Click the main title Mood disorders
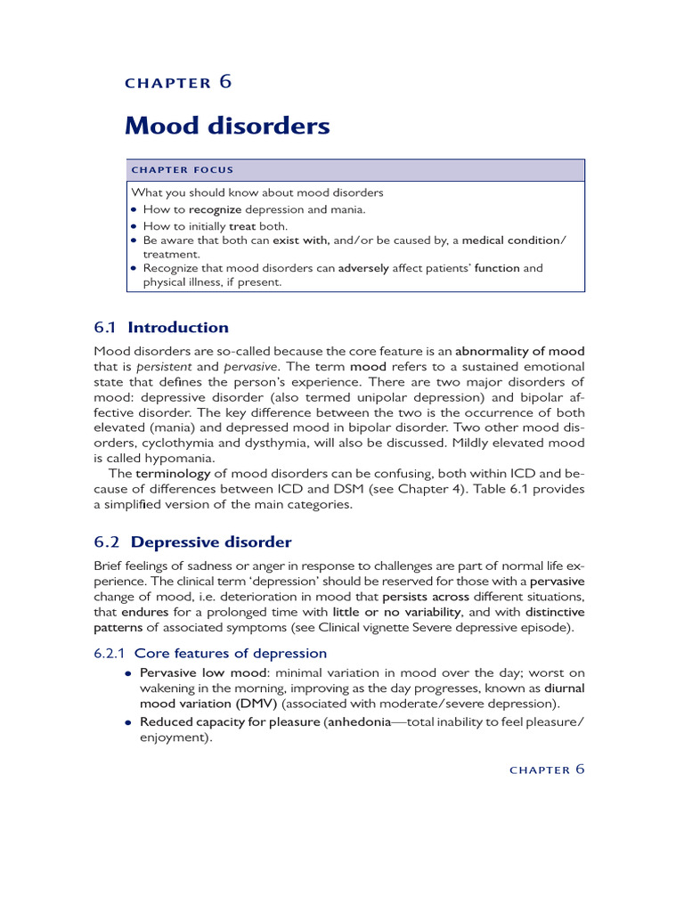coord(227,126)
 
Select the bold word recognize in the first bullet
coord(215,209)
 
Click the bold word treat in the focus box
coord(243,226)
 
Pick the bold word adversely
coord(363,268)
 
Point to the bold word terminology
coord(173,474)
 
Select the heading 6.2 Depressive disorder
coord(192,541)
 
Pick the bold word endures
coord(144,613)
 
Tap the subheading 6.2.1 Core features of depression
coord(210,653)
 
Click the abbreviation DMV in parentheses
coord(256,704)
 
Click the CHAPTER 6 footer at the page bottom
coord(546,769)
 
